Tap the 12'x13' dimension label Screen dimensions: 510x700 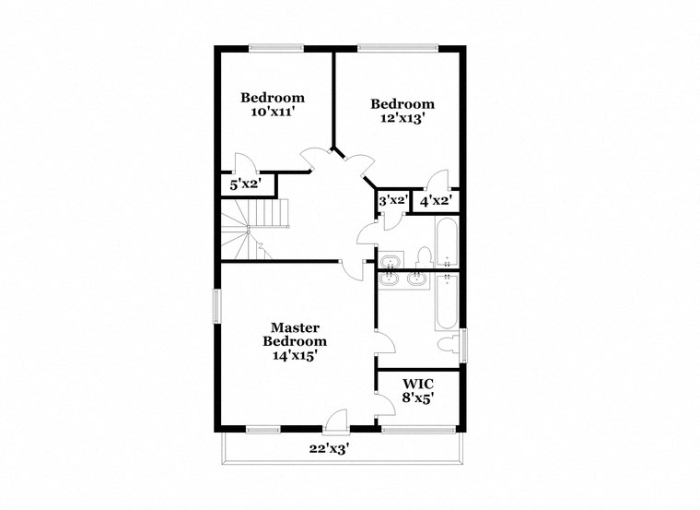(x=402, y=119)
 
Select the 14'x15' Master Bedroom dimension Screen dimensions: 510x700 (x=295, y=356)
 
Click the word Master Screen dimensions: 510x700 (x=295, y=327)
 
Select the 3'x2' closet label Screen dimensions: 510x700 (x=392, y=200)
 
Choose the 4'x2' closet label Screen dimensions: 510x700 (x=435, y=200)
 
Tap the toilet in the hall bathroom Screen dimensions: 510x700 (x=425, y=255)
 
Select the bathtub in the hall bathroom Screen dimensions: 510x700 (x=447, y=243)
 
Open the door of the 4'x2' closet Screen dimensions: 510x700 (x=439, y=180)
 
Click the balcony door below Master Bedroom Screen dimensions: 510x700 (x=338, y=420)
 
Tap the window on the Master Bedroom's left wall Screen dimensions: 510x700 (x=218, y=306)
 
